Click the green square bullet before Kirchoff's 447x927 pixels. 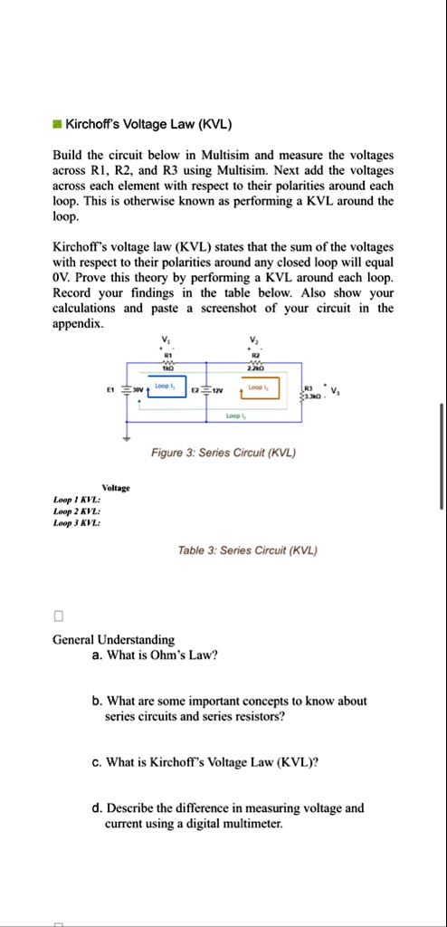[57, 124]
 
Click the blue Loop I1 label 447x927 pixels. [164, 386]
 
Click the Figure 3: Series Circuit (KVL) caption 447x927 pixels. [234, 453]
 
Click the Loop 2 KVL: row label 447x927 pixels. [77, 511]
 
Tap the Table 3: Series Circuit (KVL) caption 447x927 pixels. [234, 550]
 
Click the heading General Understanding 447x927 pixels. [113, 639]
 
